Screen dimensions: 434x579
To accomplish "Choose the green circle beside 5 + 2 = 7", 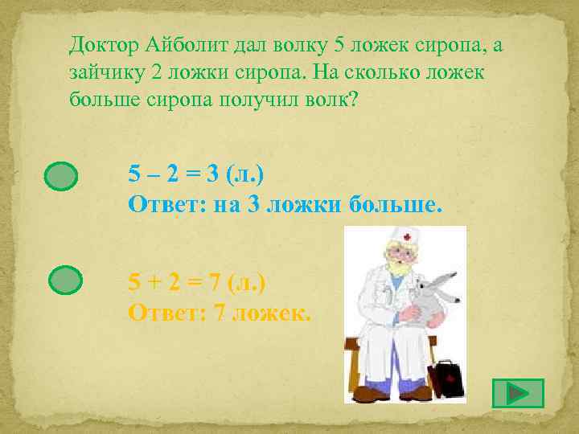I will click(x=65, y=280).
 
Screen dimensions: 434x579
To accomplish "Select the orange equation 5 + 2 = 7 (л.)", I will click(x=197, y=283).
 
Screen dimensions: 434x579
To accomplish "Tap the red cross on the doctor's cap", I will click(x=408, y=237).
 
